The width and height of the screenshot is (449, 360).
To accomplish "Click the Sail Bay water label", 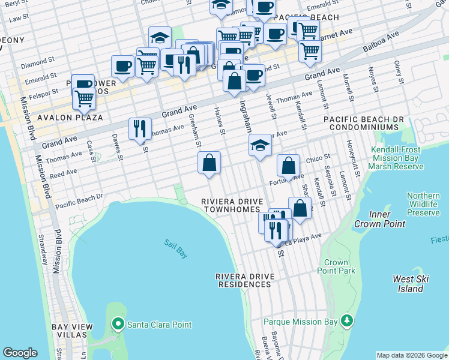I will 175,248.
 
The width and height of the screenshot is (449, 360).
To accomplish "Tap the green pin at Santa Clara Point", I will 118,325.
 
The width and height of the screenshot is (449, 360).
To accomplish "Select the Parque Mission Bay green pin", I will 347,321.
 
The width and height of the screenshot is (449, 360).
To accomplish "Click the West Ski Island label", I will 411,284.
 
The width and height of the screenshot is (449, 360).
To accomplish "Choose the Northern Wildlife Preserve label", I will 423,204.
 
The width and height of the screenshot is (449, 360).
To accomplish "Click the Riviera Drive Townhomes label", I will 231,205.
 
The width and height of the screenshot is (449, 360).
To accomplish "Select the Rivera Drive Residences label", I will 245,280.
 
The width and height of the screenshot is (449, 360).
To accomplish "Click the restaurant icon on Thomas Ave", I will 140,128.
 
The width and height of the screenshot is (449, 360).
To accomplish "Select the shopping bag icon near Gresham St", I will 209,163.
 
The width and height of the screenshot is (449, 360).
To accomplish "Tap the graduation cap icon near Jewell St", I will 259,145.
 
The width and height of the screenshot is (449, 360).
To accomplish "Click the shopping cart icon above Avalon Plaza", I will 84,98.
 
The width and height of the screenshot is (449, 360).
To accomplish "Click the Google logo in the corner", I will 20,352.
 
